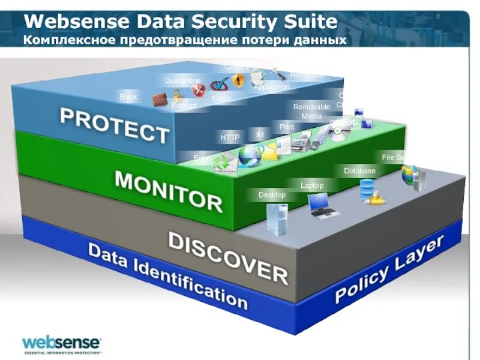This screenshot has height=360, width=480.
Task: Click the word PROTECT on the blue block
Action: [x=114, y=124]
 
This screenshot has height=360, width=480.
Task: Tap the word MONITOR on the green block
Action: [x=168, y=190]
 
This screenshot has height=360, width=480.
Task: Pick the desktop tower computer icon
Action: [x=277, y=218]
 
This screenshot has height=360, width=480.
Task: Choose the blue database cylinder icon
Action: [x=365, y=190]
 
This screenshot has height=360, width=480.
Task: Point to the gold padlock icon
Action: [x=178, y=95]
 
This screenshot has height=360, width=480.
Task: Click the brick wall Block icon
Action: [x=158, y=99]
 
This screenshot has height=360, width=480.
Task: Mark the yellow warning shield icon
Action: [x=238, y=81]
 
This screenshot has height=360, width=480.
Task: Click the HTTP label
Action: [x=230, y=138]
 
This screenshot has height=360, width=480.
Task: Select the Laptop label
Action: [x=312, y=185]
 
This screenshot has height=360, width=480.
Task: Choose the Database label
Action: [x=359, y=171]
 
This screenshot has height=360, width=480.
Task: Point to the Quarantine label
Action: [x=182, y=80]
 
